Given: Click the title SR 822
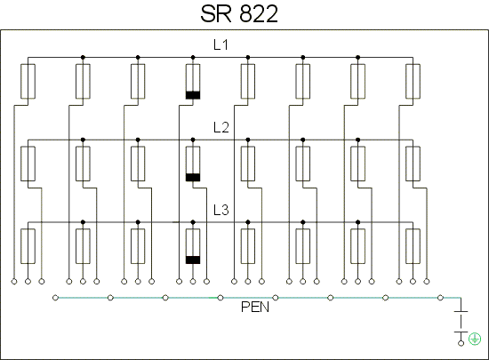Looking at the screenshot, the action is [x=239, y=14].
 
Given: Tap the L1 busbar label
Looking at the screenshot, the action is [x=220, y=44].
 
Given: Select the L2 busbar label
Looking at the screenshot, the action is [x=221, y=127].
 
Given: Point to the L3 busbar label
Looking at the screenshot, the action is [x=221, y=210].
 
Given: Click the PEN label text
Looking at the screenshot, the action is [x=255, y=307].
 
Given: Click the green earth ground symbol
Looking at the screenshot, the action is [x=475, y=339].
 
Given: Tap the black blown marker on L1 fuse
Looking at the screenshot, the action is [x=193, y=95].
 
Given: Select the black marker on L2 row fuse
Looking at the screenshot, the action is [x=193, y=178].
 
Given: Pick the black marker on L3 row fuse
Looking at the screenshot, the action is [x=193, y=260].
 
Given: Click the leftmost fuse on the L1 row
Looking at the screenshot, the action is [x=28, y=82].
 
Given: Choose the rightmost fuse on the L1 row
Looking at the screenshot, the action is [x=413, y=82].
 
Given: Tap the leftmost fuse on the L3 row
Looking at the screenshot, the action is [x=28, y=246].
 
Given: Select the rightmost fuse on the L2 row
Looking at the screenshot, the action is [x=413, y=164].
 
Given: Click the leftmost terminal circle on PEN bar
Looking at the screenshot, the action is [x=55, y=298].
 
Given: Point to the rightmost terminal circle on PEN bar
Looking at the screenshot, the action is [x=440, y=298].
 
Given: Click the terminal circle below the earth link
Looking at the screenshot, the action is [x=461, y=343].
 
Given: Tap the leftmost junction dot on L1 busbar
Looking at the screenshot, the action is [x=83, y=58].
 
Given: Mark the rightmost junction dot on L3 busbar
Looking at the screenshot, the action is [x=357, y=222].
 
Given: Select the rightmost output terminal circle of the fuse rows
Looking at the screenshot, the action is [x=427, y=282].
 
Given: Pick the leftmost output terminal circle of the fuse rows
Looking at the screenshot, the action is [x=14, y=282].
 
